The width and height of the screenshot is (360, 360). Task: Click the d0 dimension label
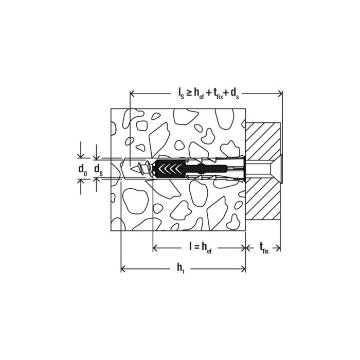[x=83, y=170]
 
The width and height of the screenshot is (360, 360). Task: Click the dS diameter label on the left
[x=99, y=170]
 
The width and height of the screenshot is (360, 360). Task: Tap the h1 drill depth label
[x=181, y=268]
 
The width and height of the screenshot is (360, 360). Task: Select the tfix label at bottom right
[x=264, y=248]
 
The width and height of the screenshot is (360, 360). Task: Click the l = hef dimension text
[x=200, y=248]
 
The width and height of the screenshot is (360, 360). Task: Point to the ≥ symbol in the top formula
[x=189, y=93]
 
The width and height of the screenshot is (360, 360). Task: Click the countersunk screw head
[x=276, y=169]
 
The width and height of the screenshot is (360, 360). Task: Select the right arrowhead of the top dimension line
[x=280, y=94]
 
